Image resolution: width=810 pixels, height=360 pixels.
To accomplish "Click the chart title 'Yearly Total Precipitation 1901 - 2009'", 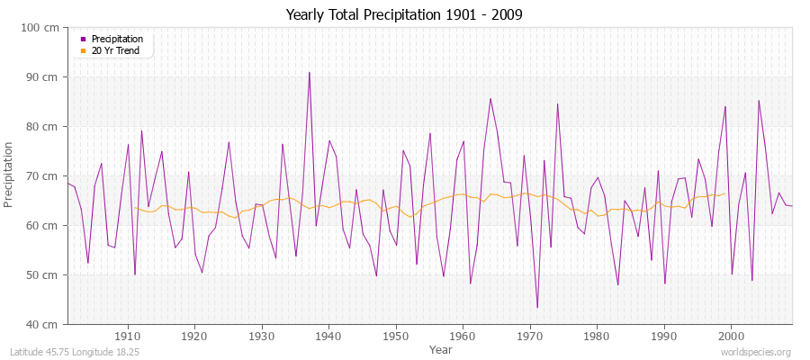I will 404,14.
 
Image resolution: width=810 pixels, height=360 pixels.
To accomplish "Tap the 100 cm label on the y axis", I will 41,28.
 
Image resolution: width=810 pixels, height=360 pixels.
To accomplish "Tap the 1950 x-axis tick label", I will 395,335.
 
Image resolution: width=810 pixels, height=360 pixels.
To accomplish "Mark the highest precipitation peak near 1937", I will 309,73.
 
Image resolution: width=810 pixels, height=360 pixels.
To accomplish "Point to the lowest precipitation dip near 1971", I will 537,308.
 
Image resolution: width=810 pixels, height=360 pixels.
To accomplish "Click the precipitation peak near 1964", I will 490,99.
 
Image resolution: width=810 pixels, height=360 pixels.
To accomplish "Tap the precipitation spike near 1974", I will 557,103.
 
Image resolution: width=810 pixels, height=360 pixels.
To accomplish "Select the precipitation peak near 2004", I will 758,100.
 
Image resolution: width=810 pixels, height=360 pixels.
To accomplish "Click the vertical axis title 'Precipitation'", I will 10,175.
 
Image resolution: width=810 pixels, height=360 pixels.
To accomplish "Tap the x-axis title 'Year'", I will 441,348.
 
